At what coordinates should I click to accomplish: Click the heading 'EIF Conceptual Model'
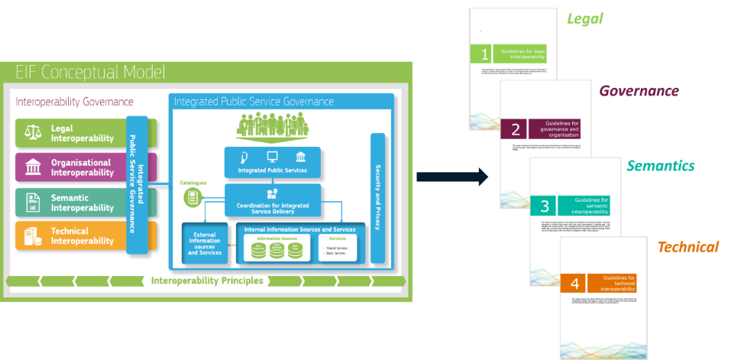point(90,73)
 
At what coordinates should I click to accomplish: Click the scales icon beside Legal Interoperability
point(32,133)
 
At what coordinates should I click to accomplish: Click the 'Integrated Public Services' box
point(273,162)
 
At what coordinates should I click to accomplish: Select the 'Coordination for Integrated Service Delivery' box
point(273,199)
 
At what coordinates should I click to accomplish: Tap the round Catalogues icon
point(192,198)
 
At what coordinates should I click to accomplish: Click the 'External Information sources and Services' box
point(205,244)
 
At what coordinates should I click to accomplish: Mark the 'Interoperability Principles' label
point(207,281)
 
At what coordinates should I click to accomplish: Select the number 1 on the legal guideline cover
point(484,54)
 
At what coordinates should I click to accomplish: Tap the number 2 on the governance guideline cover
point(516,129)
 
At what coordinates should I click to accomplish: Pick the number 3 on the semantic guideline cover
point(545,206)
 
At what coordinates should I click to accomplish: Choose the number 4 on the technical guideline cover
point(575,284)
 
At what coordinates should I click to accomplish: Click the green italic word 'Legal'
point(585,18)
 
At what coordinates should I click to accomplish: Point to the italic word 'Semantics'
point(661,166)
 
